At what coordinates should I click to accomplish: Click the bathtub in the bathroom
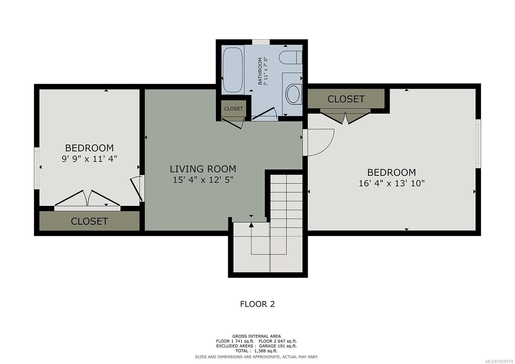coord(232,70)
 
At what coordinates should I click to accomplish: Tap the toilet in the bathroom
coord(290,58)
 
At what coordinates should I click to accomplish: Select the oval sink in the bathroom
coord(293,94)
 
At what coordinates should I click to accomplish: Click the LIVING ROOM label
coord(203,169)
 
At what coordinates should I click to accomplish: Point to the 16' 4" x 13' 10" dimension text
coord(391,183)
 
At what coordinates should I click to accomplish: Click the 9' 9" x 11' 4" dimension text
coord(89,159)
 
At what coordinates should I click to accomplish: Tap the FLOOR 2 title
coord(257,304)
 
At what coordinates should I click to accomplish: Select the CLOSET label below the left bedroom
coord(89,221)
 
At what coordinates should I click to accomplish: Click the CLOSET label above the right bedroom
coord(346,99)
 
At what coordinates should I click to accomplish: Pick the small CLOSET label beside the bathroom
coord(233,109)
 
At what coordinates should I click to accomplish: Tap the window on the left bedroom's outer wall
coord(37,168)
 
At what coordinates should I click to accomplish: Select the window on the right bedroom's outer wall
coord(478,144)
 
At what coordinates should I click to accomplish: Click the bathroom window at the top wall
coord(261,42)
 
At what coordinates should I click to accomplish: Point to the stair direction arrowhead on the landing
coord(251,225)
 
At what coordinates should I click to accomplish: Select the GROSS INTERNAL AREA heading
coord(256,336)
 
